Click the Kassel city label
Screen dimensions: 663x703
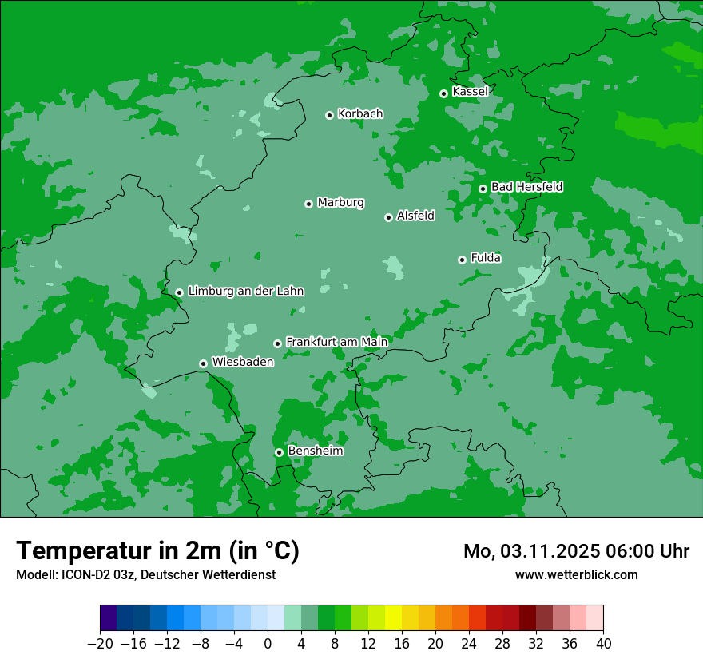coord(470,92)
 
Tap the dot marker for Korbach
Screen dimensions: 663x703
coord(329,115)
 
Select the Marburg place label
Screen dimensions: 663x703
coord(340,203)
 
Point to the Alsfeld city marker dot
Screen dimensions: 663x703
coord(388,217)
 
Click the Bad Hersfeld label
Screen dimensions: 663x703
coord(526,187)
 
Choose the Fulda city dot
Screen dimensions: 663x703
coord(462,260)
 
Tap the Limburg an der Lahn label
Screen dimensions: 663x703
coord(245,292)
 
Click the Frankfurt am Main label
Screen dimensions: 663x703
coord(336,342)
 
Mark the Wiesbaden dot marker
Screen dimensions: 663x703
coord(203,363)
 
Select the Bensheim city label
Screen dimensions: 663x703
coord(315,451)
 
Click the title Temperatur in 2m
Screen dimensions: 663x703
coord(157,551)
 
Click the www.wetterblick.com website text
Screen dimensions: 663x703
coord(576,574)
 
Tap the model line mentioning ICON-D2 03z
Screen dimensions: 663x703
coord(145,574)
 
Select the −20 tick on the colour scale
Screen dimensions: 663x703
coord(100,644)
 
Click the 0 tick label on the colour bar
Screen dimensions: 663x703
coord(268,644)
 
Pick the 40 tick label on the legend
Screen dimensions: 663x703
coord(603,644)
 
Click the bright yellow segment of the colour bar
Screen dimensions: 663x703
coord(393,618)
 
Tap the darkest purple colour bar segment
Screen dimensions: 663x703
coord(108,618)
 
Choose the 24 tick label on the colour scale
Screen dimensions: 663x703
coord(469,644)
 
